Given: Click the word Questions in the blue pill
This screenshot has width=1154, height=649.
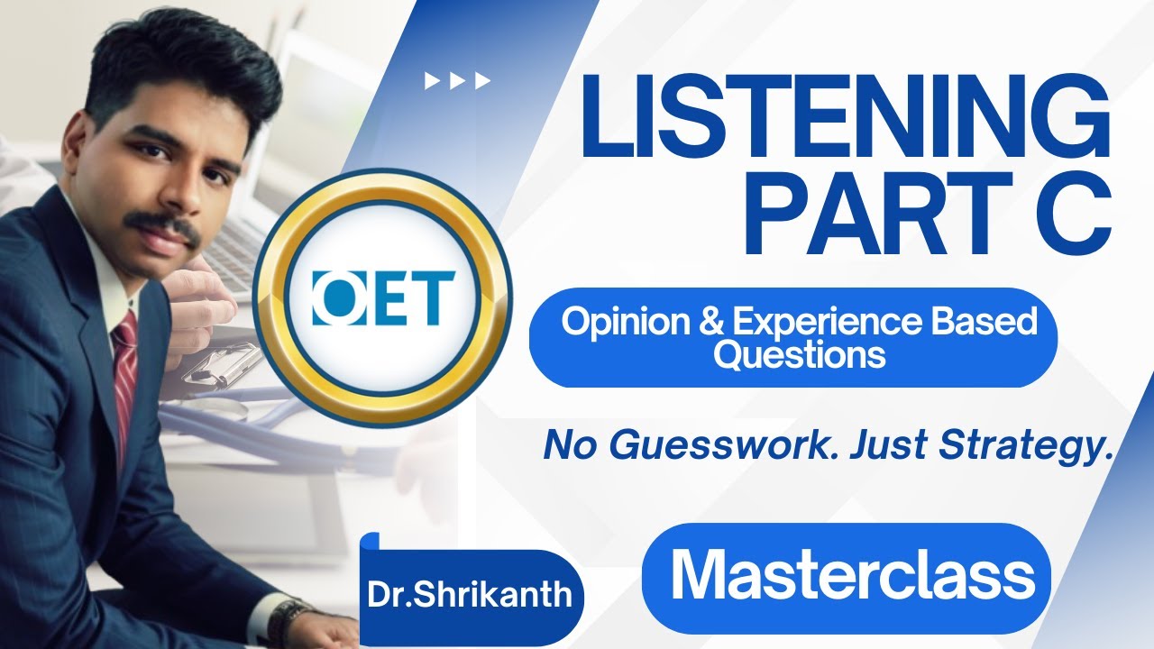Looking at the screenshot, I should [x=799, y=354].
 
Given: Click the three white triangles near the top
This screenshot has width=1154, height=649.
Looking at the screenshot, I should [x=458, y=81].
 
